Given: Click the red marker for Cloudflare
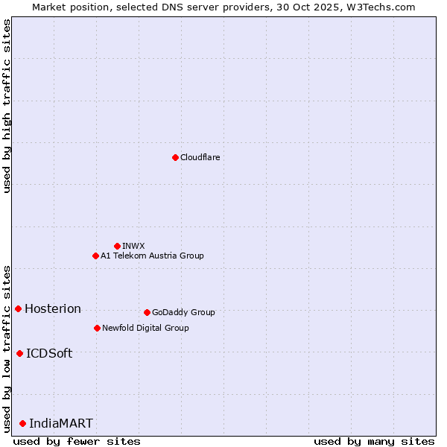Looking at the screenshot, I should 175,157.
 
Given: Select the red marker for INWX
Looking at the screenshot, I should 117,246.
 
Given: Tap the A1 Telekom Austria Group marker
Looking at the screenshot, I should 95,256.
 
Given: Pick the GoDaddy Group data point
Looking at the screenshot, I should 147,312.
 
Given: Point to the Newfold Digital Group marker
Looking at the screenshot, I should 97,328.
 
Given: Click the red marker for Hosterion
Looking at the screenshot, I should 18,308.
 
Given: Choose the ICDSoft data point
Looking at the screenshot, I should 19,353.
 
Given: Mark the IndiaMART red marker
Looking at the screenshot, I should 22,423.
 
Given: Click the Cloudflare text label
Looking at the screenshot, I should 200,157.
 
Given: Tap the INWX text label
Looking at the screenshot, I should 133,246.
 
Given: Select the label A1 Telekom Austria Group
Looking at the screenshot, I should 152,256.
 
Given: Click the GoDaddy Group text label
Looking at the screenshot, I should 183,312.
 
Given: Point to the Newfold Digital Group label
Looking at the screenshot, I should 145,328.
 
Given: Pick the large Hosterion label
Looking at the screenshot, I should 53,308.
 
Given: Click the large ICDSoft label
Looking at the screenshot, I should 49,353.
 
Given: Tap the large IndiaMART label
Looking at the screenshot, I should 61,423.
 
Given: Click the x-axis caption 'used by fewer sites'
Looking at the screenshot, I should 77,441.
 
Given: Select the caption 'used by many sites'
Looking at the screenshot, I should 374,441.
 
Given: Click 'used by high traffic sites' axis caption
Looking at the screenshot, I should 7,106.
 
